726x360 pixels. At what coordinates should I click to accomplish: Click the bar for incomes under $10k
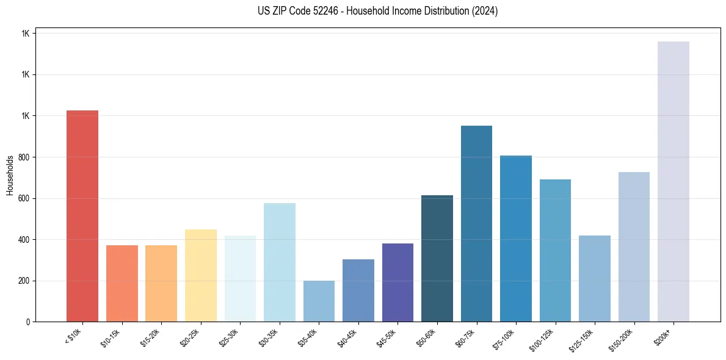click(82, 216)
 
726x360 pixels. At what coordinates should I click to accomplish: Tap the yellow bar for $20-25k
click(200, 275)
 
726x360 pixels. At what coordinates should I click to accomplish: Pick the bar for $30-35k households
click(279, 262)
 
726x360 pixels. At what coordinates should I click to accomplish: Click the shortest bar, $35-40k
click(319, 301)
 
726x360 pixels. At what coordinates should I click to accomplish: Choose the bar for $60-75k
click(476, 223)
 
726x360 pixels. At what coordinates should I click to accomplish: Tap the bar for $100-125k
click(555, 250)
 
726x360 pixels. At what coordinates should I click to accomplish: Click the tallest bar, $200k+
click(673, 181)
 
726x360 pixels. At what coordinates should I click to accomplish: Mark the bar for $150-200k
click(634, 247)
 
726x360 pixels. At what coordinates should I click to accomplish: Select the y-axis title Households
click(10, 175)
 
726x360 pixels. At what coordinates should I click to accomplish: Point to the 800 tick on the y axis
click(23, 157)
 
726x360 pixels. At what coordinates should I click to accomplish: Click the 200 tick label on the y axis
click(23, 281)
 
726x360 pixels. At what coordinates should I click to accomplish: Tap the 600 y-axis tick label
click(23, 198)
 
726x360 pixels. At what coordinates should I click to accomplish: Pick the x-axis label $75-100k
click(505, 337)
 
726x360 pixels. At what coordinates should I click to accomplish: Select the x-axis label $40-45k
click(347, 337)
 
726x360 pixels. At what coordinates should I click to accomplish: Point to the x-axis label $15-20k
click(151, 337)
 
